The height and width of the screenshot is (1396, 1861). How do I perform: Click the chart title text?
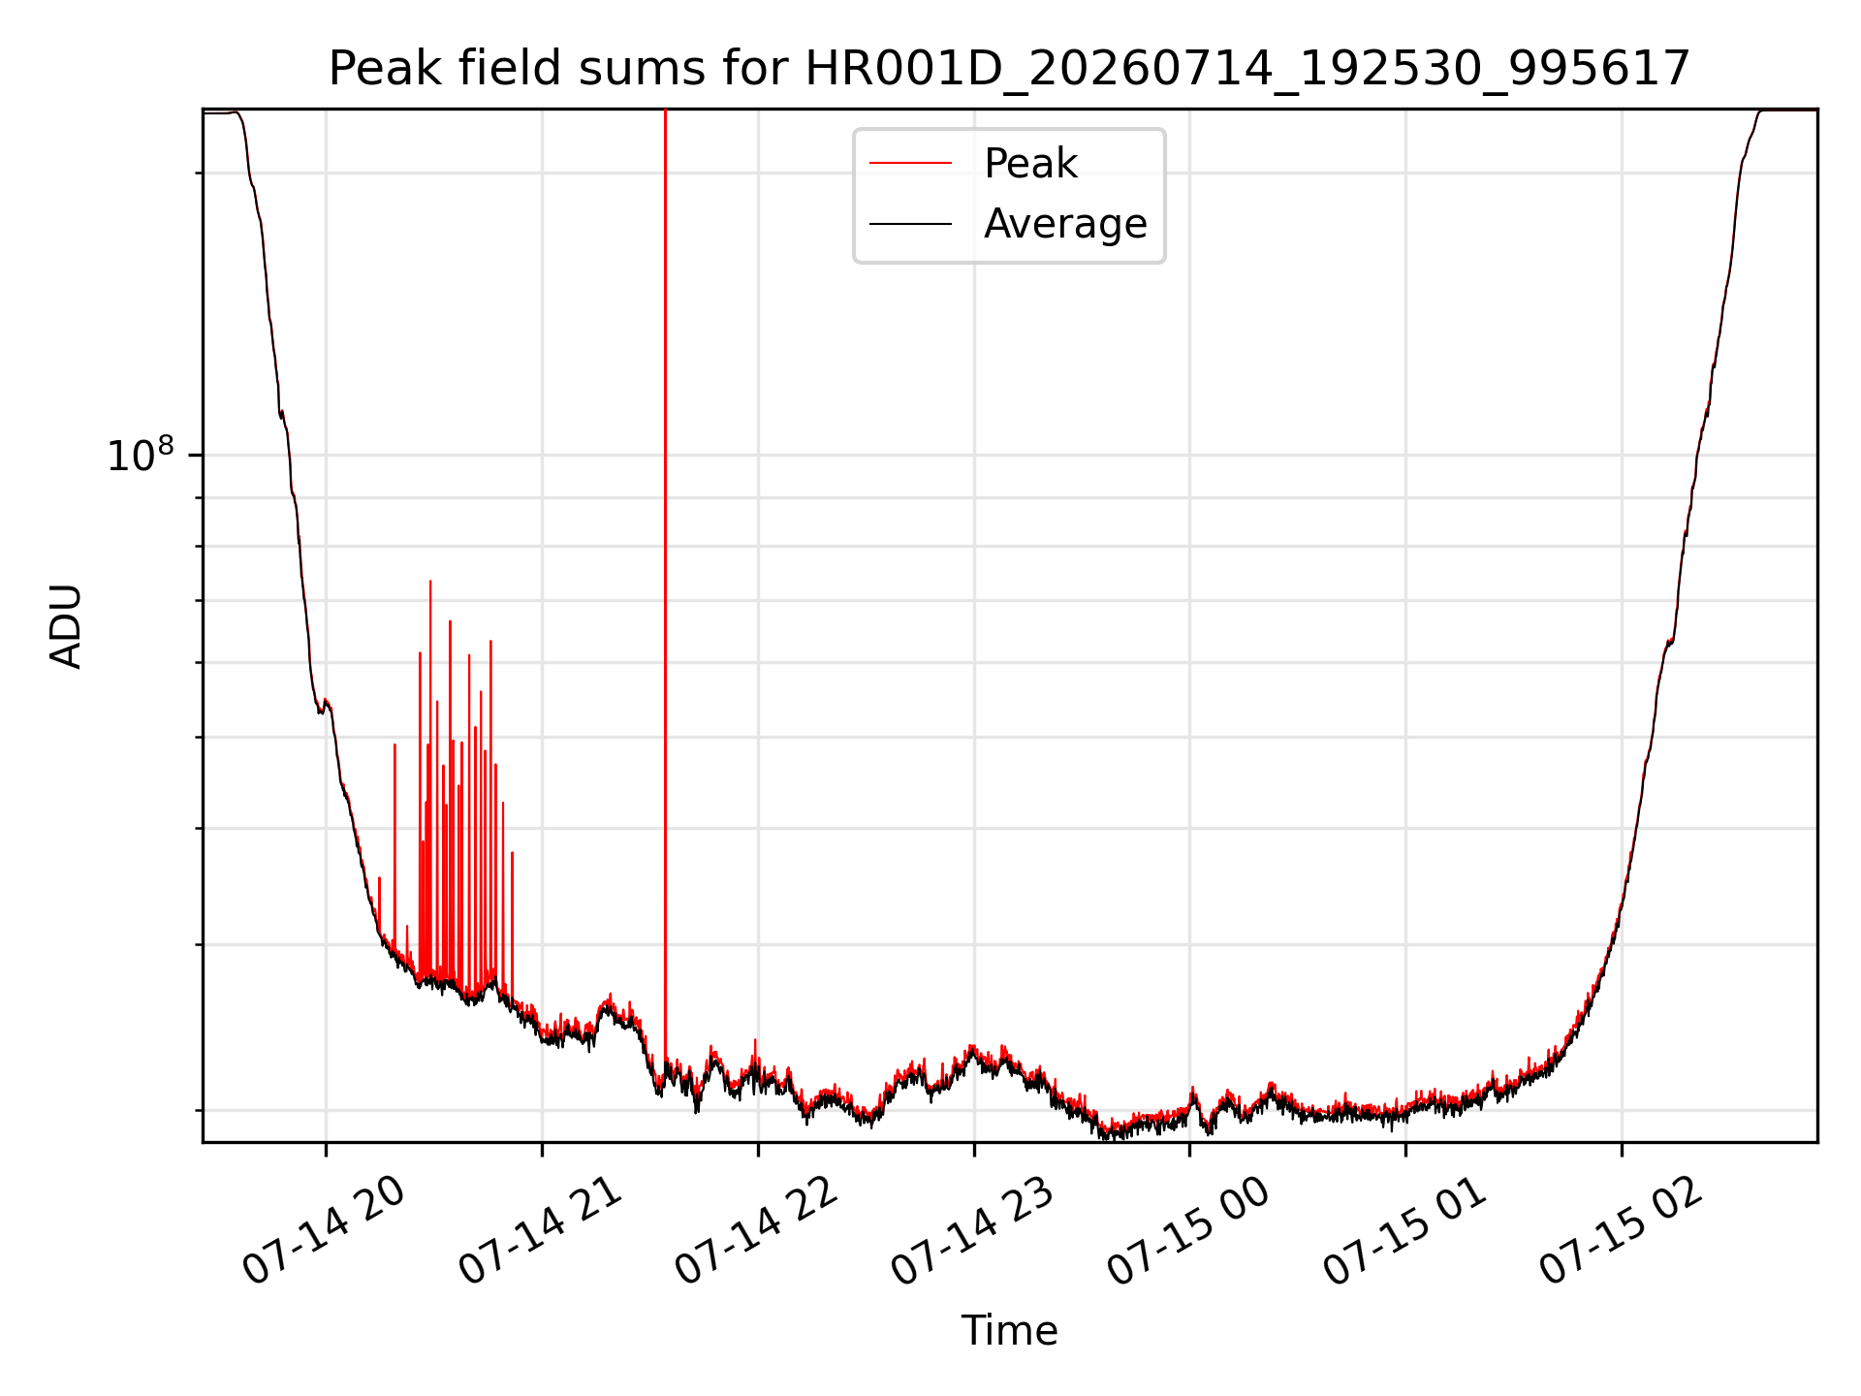coord(1009,69)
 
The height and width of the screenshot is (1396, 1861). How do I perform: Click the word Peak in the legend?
coord(1030,163)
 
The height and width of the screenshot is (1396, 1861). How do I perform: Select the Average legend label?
coord(1065,224)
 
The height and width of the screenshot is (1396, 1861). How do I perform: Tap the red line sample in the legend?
coord(910,163)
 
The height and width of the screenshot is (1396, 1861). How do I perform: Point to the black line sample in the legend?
coord(910,224)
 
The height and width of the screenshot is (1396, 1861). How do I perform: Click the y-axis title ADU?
coord(66,625)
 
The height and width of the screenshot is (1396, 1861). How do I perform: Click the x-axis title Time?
coord(1009,1330)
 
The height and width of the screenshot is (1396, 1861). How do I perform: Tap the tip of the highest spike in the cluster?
coord(430,581)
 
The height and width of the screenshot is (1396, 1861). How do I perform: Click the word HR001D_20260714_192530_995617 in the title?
coord(1248,69)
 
